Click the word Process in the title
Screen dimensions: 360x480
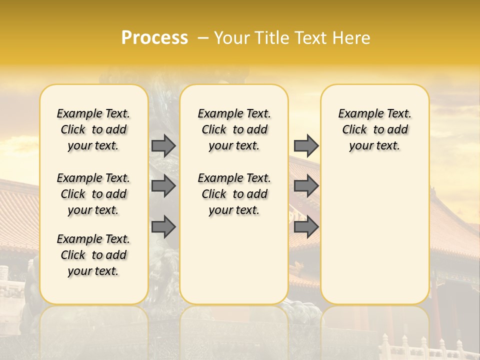tap(154, 38)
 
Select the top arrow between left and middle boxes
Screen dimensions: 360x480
tap(163, 146)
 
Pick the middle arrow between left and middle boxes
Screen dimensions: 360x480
tap(163, 186)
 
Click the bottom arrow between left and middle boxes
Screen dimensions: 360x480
tap(163, 227)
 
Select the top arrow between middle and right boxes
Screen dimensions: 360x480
tap(306, 146)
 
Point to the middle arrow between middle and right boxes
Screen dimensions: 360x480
tap(306, 186)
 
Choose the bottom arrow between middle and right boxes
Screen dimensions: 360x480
tap(306, 227)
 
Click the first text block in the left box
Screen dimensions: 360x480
tap(93, 129)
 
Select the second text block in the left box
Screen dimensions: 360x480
tap(93, 194)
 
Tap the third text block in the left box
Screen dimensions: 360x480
tap(93, 255)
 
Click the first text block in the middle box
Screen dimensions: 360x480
tap(234, 129)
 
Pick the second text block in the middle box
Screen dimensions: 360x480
tap(234, 194)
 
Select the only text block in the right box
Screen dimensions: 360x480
tap(375, 129)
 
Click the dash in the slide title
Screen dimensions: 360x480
tap(203, 38)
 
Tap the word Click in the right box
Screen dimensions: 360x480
tap(354, 130)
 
